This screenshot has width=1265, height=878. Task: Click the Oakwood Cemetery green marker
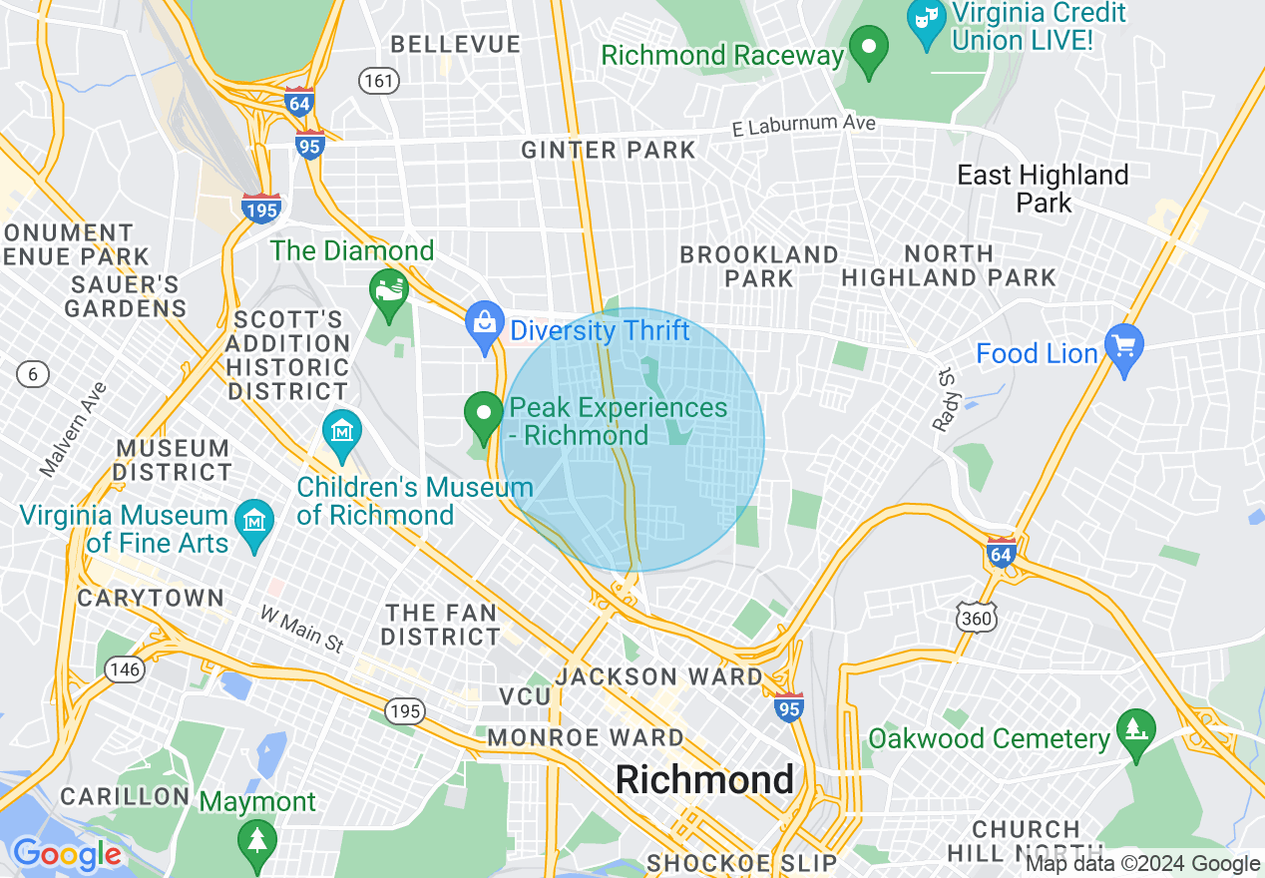[1135, 734]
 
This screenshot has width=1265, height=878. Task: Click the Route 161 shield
[380, 81]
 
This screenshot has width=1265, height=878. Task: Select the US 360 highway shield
[976, 620]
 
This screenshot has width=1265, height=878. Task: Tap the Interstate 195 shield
[260, 208]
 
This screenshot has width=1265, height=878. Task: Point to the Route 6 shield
[33, 374]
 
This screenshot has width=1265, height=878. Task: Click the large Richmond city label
[704, 779]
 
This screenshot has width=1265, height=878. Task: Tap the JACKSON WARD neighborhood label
[658, 676]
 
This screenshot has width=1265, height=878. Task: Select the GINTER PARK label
[609, 151]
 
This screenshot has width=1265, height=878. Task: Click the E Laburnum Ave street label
[803, 126]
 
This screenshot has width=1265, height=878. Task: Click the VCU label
[525, 695]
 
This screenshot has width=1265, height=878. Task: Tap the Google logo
[68, 855]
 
